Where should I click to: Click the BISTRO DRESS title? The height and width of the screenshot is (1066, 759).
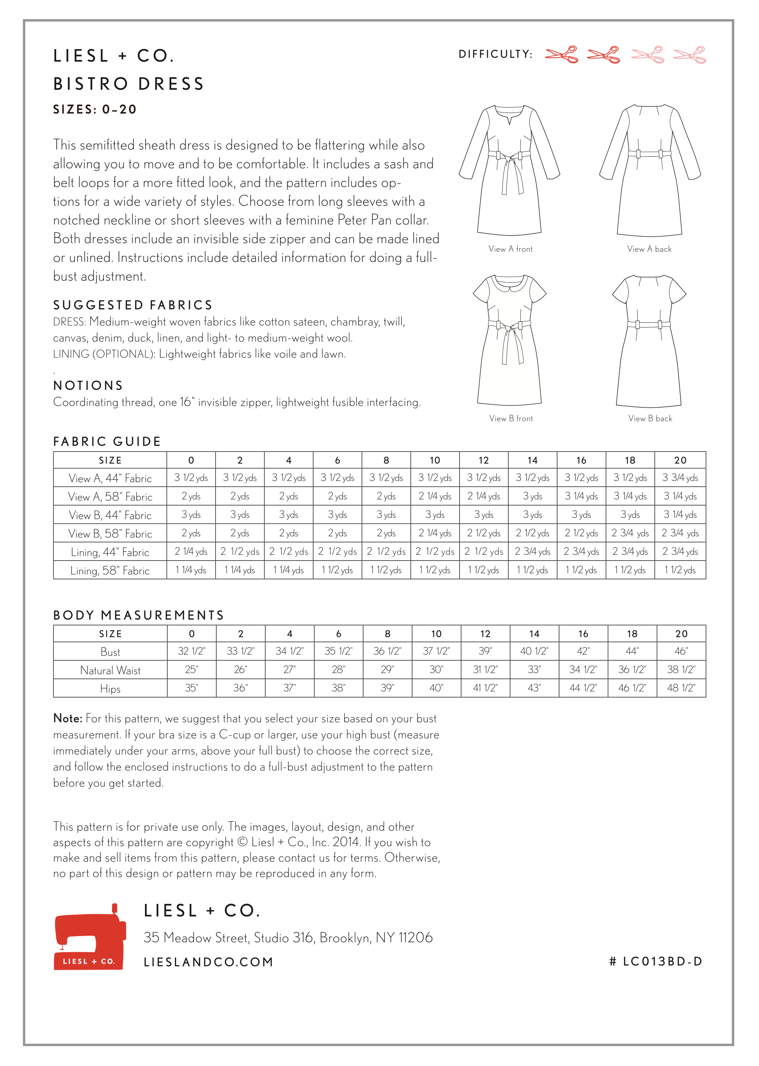coord(128,84)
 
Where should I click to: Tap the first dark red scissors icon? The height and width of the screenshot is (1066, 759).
coord(561,55)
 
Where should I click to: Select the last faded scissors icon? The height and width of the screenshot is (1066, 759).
coord(689,55)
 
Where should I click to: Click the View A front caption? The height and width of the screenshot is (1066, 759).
coord(510,249)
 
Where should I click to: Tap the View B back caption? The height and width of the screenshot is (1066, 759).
coord(650,419)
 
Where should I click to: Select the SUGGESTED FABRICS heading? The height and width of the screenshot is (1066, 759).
coord(133,305)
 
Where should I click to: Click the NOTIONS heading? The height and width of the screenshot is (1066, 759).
coord(88,386)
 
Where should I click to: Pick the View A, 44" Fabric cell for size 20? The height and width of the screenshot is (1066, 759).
coord(680,478)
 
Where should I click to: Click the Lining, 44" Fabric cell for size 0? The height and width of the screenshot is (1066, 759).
coord(191,552)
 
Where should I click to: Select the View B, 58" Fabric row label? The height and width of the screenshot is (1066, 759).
coord(110,534)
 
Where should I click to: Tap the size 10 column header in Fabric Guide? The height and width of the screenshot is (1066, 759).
coord(435,460)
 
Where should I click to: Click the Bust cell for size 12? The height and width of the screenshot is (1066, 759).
coord(485,652)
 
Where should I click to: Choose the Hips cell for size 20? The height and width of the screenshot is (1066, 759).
coord(681,688)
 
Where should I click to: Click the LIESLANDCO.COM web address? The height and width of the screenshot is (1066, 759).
coord(208,962)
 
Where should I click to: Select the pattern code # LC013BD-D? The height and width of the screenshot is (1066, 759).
coord(656,962)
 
